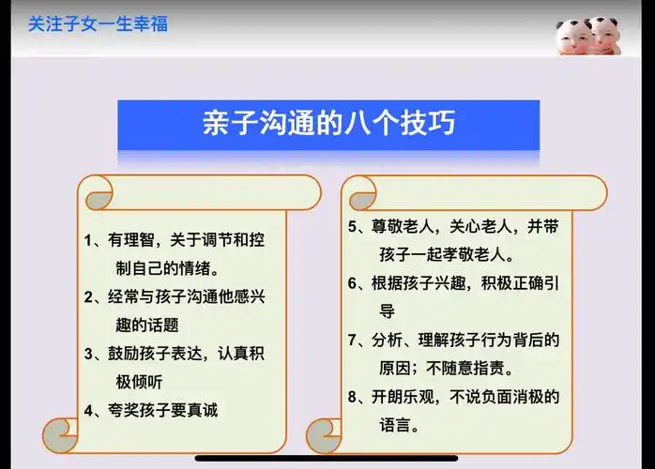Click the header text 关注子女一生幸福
98,23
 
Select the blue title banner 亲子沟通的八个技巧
328,126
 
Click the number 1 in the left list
89,239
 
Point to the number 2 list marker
89,297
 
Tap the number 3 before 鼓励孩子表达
89,354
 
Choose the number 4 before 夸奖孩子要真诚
89,410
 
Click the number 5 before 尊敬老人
352,226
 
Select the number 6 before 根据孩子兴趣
352,282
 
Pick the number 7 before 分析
352,340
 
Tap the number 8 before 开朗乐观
352,397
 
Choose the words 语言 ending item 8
395,425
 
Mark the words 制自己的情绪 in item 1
159,267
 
